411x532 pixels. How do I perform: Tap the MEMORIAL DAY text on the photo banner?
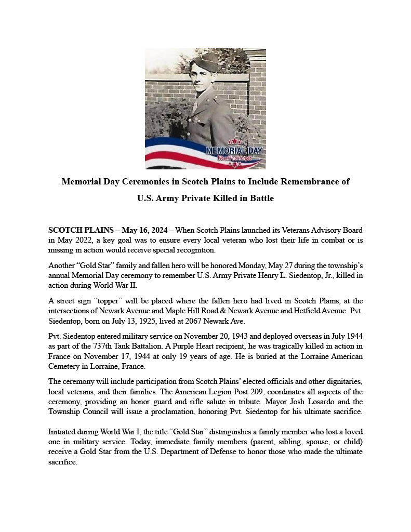click(x=234, y=151)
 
